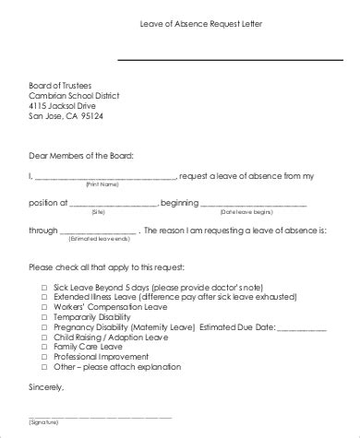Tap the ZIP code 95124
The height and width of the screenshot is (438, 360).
click(90, 116)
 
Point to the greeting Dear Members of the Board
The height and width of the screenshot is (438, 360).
click(80, 154)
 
